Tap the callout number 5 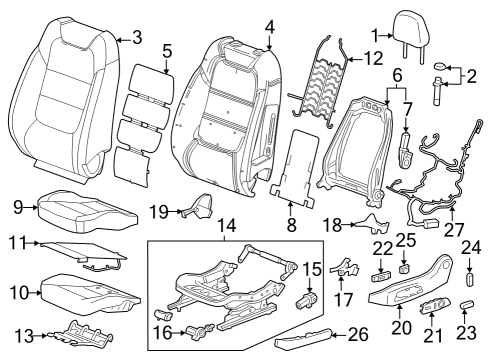[x=167, y=49]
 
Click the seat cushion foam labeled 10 [x=85, y=292]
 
